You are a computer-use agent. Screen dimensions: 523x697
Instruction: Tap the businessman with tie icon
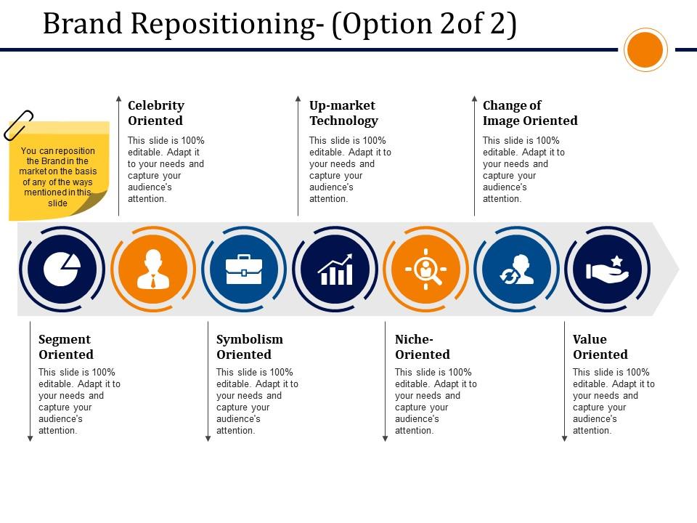[x=152, y=269]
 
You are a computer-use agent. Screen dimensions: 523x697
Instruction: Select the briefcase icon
[x=244, y=269]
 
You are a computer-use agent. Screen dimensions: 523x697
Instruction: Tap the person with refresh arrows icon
[x=516, y=269]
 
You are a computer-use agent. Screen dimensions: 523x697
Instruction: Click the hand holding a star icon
[x=607, y=269]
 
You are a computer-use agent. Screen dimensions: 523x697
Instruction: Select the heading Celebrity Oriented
[x=156, y=113]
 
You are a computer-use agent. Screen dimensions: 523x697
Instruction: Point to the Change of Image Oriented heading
[x=530, y=113]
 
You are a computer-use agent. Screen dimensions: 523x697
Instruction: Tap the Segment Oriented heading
[x=66, y=347]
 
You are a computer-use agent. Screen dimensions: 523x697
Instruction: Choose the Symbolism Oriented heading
[x=250, y=347]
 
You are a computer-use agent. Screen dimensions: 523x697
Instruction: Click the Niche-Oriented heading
[x=423, y=347]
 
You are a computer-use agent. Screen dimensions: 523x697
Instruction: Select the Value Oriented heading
[x=600, y=347]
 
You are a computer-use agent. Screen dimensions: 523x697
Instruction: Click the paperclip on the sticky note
[x=19, y=124]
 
